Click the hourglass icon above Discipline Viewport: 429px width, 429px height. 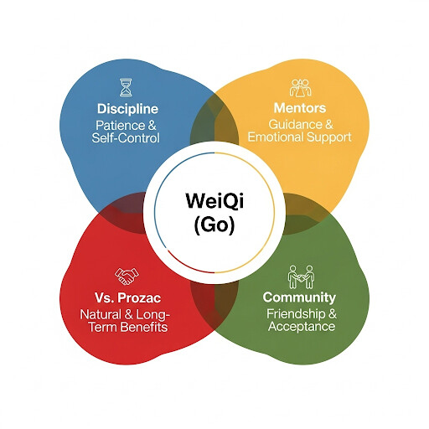click(x=126, y=87)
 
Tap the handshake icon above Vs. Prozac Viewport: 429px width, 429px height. click(x=127, y=277)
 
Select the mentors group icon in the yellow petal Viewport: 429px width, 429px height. click(x=300, y=88)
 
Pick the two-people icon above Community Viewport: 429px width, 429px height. click(x=301, y=277)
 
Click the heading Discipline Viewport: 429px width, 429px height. click(x=127, y=109)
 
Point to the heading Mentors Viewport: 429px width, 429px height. click(x=300, y=108)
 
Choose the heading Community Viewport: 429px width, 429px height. click(x=299, y=297)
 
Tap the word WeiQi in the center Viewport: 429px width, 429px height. click(x=214, y=200)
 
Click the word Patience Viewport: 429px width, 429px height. click(x=120, y=126)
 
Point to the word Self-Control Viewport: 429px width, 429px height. click(x=126, y=138)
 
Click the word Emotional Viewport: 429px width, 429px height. click(x=276, y=137)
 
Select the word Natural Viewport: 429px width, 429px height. click(x=101, y=314)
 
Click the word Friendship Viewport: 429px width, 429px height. click(x=296, y=313)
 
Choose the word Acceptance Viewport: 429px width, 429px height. click(x=302, y=326)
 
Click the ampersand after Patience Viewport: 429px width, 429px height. click(x=152, y=126)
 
